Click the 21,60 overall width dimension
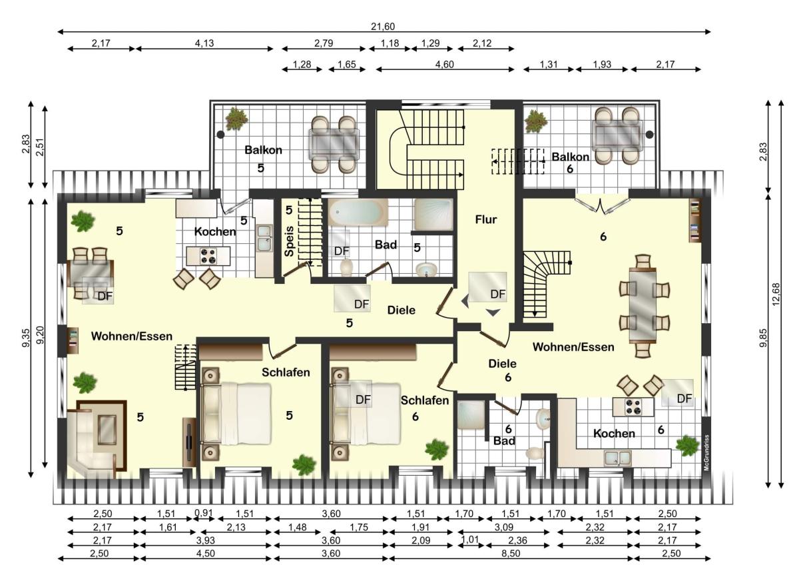383,27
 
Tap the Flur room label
486,219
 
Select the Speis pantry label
289,241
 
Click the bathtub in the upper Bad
358,213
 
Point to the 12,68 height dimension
776,294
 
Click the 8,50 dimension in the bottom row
510,553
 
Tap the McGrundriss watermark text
706,452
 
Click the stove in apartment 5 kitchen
208,256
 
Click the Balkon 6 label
570,163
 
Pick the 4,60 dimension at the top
445,64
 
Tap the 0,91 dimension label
203,513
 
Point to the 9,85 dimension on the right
762,338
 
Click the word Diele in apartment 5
401,310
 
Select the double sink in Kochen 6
617,458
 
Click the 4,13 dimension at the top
204,43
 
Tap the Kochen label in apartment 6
614,433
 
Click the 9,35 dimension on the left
27,338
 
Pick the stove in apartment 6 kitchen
633,407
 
